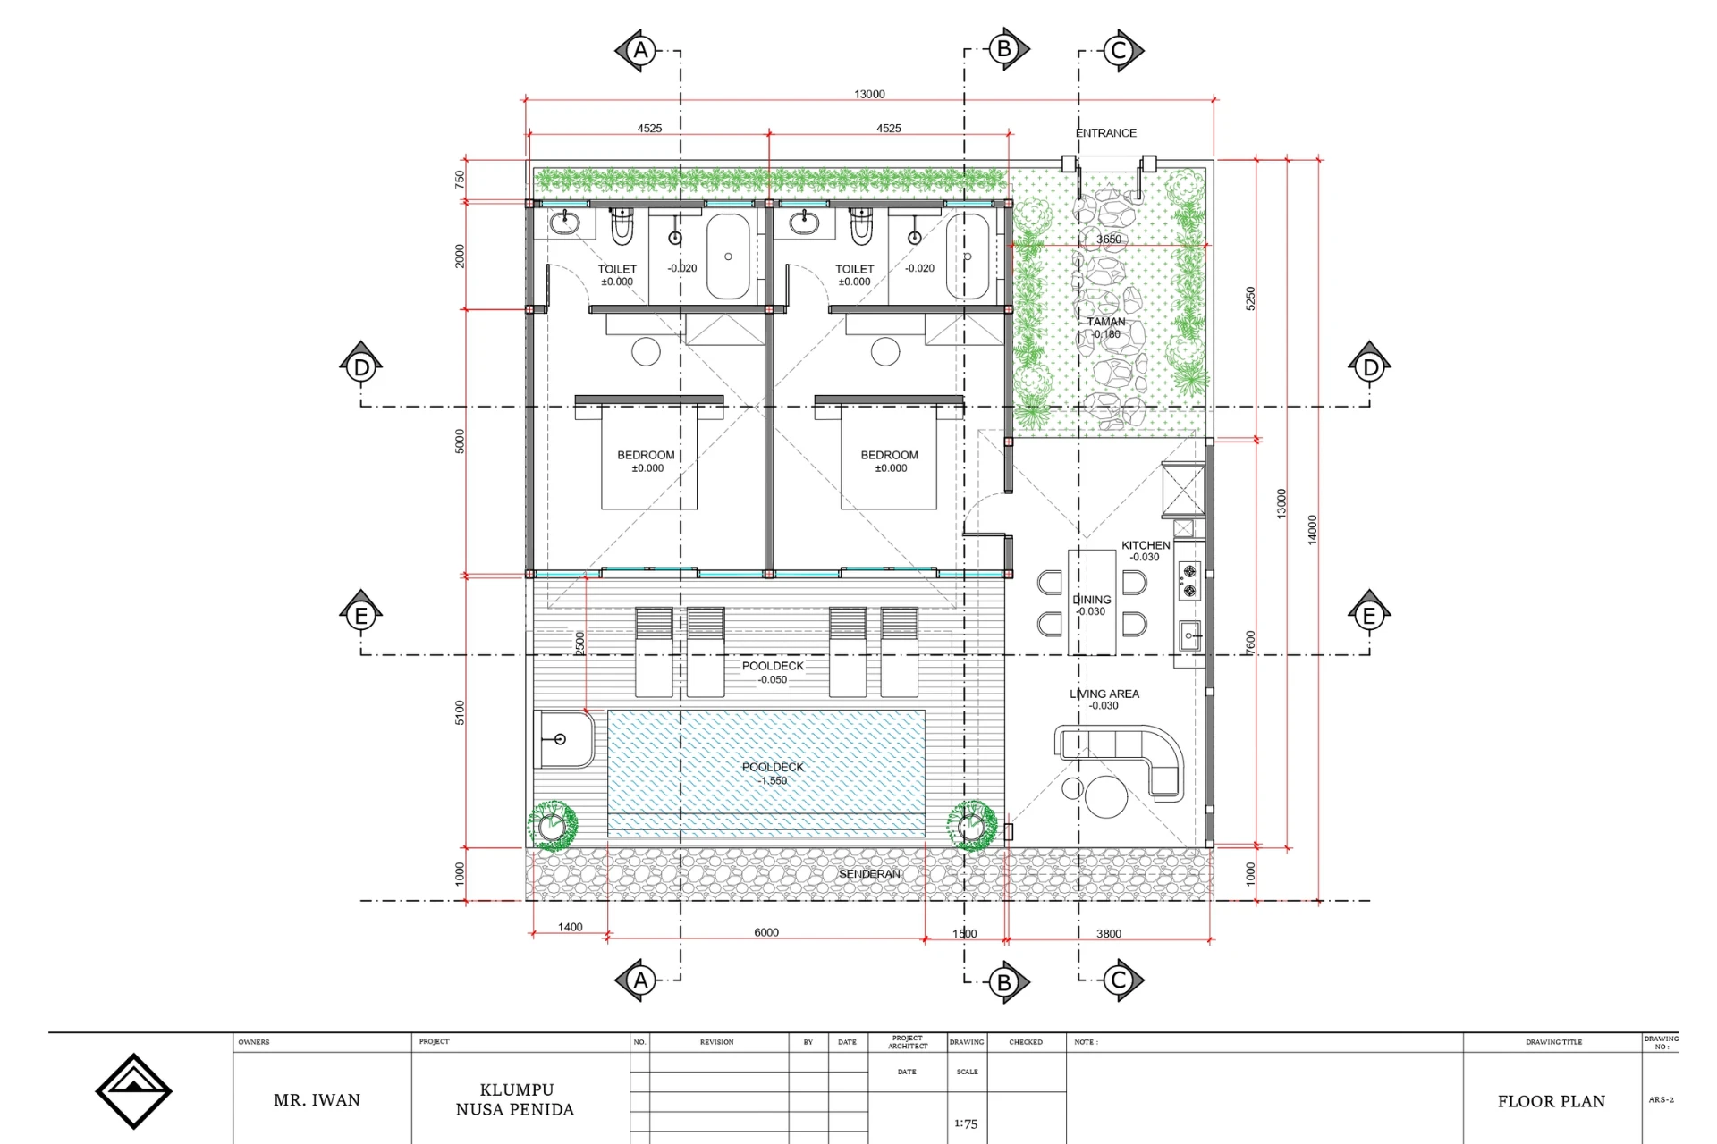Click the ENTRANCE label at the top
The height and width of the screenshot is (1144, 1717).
[x=1106, y=133]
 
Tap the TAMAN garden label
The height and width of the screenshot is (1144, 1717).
[x=1106, y=322]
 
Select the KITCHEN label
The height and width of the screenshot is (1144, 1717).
[x=1146, y=545]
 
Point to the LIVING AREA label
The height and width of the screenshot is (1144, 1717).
[x=1104, y=694]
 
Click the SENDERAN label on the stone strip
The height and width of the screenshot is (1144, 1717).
[x=869, y=874]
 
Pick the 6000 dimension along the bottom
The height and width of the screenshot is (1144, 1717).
[x=766, y=932]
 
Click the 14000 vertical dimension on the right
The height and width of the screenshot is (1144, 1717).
[x=1312, y=529]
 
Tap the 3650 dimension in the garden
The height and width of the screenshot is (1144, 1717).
[x=1109, y=240]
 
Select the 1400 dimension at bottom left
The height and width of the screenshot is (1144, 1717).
[x=571, y=927]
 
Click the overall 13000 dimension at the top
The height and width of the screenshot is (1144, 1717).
[x=869, y=94]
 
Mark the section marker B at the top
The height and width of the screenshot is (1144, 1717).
[x=1005, y=49]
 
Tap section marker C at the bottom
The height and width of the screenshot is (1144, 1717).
[x=1120, y=980]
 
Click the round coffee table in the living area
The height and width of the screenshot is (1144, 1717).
[x=1106, y=797]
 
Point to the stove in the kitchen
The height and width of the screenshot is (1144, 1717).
[x=1189, y=581]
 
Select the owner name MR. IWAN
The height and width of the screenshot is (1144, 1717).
[x=317, y=1100]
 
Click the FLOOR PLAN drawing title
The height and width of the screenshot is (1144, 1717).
[x=1552, y=1101]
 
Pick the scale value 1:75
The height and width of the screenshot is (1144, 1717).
[x=966, y=1123]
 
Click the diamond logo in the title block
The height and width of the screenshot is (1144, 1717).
[x=133, y=1091]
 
